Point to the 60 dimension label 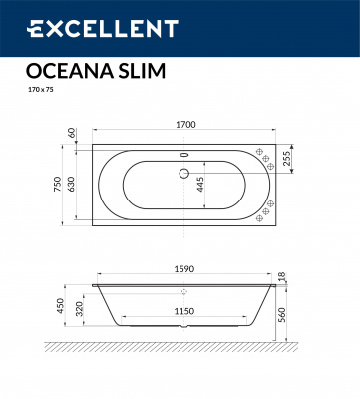point(72,132)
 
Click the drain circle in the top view point(182,173)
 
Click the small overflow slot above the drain point(182,154)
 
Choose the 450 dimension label point(61,305)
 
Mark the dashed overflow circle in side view point(182,292)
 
